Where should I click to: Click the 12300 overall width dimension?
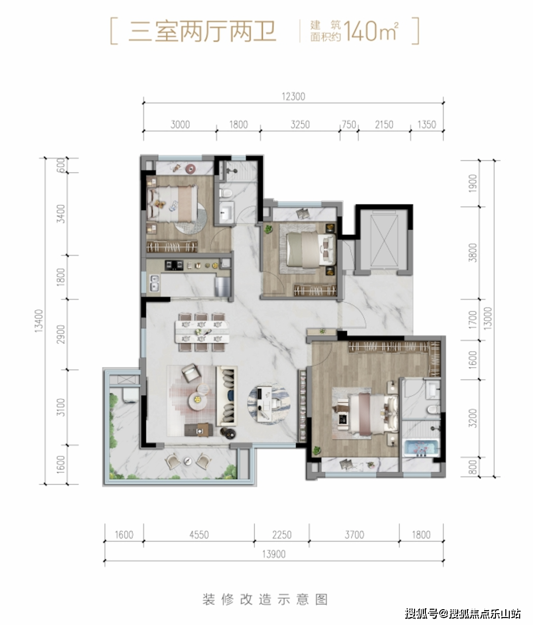pyautogui.click(x=293, y=97)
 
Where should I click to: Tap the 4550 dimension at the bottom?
pyautogui.click(x=199, y=535)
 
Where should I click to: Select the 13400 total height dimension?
pyautogui.click(x=39, y=321)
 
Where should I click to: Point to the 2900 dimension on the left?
pyautogui.click(x=61, y=334)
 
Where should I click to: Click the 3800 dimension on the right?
pyautogui.click(x=472, y=253)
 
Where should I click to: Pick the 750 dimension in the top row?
pyautogui.click(x=349, y=124)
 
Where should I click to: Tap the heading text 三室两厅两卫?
pyautogui.click(x=202, y=31)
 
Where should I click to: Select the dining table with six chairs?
pyautogui.click(x=202, y=332)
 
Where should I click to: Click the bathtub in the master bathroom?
pyautogui.click(x=421, y=448)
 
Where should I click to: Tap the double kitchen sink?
pyautogui.click(x=154, y=283)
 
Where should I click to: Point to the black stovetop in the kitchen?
pyautogui.click(x=174, y=265)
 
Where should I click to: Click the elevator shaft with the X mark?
pyautogui.click(x=384, y=241)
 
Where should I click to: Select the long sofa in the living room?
pyautogui.click(x=227, y=396)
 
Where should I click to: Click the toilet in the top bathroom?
pyautogui.click(x=226, y=192)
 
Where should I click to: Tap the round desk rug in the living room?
pyautogui.click(x=268, y=404)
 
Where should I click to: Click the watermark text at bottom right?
pyautogui.click(x=463, y=614)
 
